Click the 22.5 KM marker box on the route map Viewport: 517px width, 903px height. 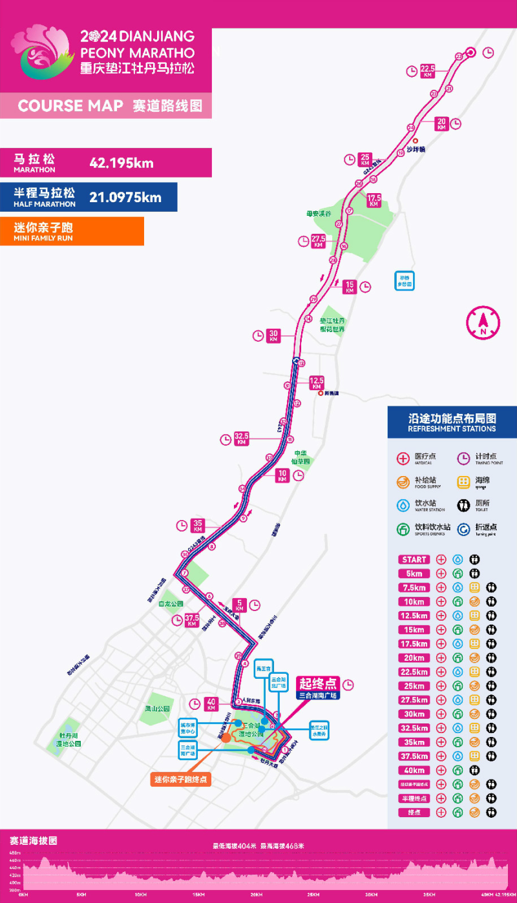click(x=427, y=70)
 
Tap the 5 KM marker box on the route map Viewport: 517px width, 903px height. click(x=239, y=605)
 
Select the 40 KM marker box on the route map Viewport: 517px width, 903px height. click(x=210, y=703)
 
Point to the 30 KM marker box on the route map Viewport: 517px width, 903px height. click(x=273, y=335)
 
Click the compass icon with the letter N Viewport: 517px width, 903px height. click(x=483, y=322)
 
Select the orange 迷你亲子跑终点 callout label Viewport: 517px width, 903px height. click(x=182, y=780)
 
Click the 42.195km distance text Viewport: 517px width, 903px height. click(x=121, y=163)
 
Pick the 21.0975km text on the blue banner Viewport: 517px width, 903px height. click(x=125, y=197)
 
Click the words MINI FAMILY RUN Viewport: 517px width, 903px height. click(x=43, y=238)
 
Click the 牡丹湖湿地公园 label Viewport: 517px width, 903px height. click(x=69, y=740)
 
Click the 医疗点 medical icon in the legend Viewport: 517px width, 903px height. click(x=403, y=458)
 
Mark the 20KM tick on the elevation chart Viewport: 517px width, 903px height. click(x=256, y=895)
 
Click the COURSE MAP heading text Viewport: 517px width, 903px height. click(x=70, y=106)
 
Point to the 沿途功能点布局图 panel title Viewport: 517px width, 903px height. click(x=452, y=418)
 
